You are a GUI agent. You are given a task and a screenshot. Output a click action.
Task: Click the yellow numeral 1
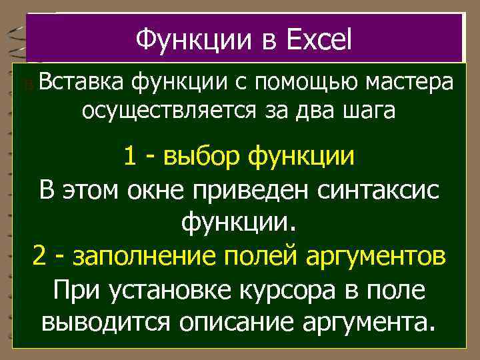coord(131,157)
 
